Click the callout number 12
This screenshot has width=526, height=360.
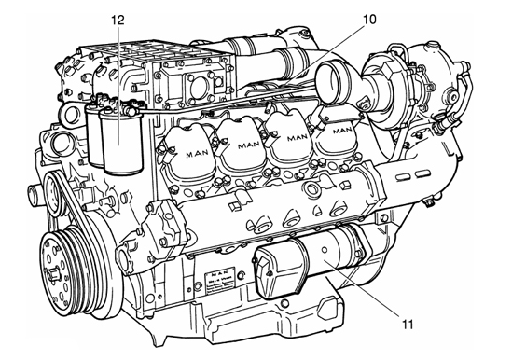point(118,19)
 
